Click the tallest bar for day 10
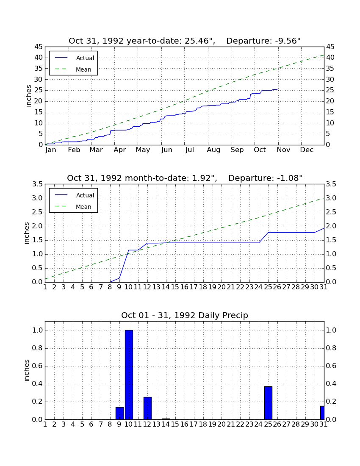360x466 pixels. click(129, 375)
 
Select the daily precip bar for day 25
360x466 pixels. click(268, 403)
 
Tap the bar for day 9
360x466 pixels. click(119, 413)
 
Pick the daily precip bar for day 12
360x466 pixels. click(147, 408)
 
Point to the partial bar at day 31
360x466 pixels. click(322, 413)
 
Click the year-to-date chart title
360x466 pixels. click(185, 41)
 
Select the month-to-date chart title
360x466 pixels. click(185, 178)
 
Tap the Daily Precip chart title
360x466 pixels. click(185, 315)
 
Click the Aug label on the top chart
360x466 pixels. click(213, 150)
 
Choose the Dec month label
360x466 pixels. click(307, 150)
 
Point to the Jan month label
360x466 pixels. click(51, 150)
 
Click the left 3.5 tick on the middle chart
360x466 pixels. click(38, 184)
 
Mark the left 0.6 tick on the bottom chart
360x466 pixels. click(38, 366)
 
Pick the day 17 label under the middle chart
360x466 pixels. click(194, 287)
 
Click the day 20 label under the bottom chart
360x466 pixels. click(222, 424)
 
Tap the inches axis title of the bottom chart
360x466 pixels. click(27, 370)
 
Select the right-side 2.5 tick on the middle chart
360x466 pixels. click(331, 212)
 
